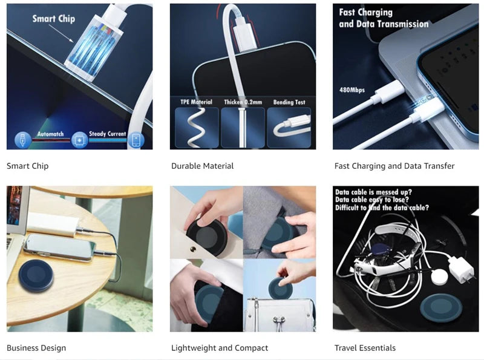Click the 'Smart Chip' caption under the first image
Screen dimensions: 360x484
click(x=27, y=166)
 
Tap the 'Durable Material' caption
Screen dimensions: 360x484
click(x=202, y=166)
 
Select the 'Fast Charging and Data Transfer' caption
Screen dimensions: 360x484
click(x=394, y=166)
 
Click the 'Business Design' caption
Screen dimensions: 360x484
click(x=36, y=348)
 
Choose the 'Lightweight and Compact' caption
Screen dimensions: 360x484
click(x=220, y=348)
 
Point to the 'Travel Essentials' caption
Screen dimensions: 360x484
click(x=365, y=348)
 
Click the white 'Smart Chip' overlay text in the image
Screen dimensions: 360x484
click(x=54, y=19)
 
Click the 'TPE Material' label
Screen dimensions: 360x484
click(x=197, y=102)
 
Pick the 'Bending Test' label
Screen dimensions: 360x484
click(x=288, y=102)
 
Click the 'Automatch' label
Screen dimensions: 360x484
click(x=50, y=134)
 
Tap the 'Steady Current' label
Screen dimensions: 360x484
click(x=107, y=134)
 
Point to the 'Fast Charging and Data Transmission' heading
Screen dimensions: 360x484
click(x=383, y=18)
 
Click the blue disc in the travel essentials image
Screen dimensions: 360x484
click(x=441, y=310)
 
